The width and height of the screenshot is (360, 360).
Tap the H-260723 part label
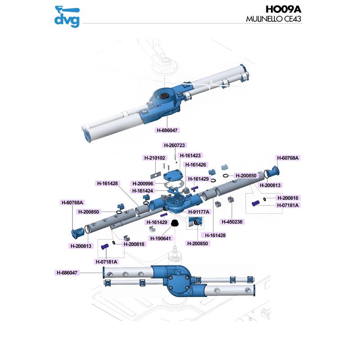(174, 145)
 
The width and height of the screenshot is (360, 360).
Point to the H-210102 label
(155, 158)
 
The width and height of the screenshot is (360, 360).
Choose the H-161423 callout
(190, 156)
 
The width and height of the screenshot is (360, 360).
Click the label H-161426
(195, 165)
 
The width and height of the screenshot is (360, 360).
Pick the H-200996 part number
(143, 183)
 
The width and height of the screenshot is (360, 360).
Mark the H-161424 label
(143, 191)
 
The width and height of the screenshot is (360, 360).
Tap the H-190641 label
(161, 238)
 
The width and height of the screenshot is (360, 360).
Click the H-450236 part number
(232, 222)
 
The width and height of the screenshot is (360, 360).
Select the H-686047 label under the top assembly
(167, 130)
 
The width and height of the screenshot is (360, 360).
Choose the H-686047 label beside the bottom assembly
(67, 272)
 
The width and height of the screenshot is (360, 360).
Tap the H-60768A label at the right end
(288, 157)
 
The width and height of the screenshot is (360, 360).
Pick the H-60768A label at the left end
(73, 202)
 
